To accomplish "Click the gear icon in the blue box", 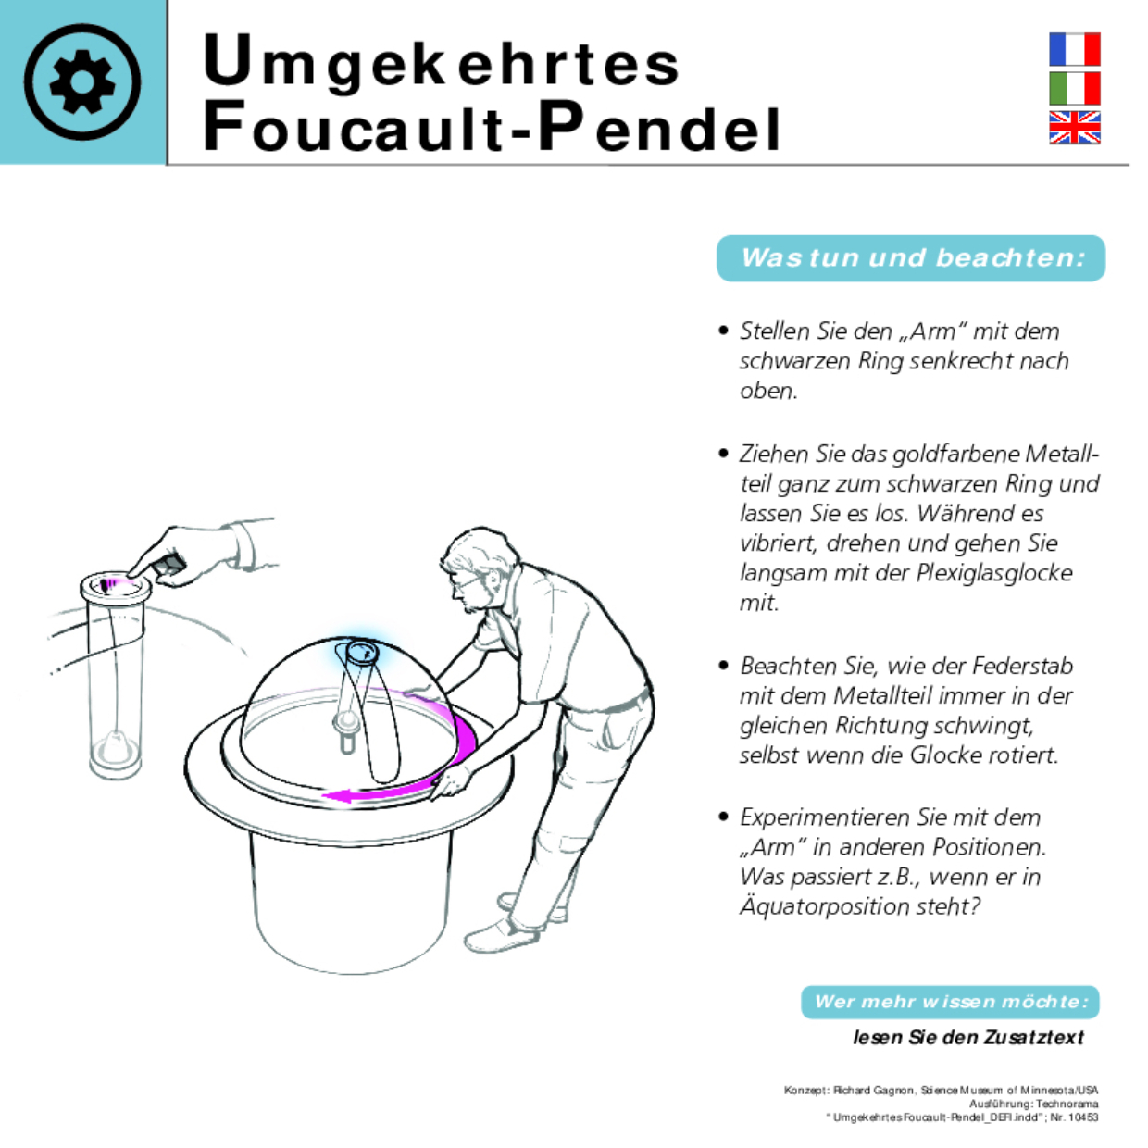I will click(x=82, y=81).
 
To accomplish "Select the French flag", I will click(x=1074, y=49).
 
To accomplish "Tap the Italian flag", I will click(x=1074, y=89).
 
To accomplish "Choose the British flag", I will click(x=1074, y=128).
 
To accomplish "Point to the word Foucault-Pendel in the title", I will click(x=492, y=128).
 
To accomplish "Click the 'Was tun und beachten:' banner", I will click(x=911, y=257).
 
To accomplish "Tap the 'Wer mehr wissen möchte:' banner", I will click(x=950, y=1002).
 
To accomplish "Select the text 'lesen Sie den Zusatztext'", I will click(x=967, y=1038).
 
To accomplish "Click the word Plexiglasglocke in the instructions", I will click(x=994, y=573).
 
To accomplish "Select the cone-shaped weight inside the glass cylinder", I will click(x=115, y=746).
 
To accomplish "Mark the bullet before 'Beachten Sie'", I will click(x=724, y=666).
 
